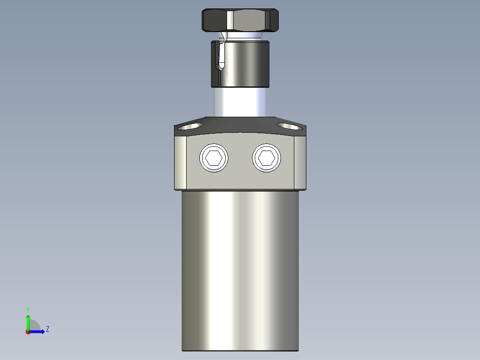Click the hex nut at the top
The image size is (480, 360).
click(x=240, y=20)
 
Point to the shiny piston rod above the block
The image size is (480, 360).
click(x=240, y=102)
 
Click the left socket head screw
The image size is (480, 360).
click(x=214, y=158)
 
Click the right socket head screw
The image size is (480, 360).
click(x=267, y=158)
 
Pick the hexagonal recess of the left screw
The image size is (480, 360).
click(x=214, y=158)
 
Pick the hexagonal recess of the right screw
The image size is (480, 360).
click(x=267, y=158)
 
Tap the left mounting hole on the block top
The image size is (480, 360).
click(x=191, y=126)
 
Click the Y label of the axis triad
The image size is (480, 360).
click(x=28, y=309)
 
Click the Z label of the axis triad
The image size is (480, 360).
click(x=47, y=329)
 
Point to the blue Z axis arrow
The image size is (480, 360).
click(x=38, y=331)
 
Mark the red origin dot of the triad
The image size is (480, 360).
click(x=28, y=332)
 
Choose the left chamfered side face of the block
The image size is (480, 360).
click(x=180, y=163)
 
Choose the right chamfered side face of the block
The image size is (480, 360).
click(x=300, y=163)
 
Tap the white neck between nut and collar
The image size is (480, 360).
click(x=243, y=36)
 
